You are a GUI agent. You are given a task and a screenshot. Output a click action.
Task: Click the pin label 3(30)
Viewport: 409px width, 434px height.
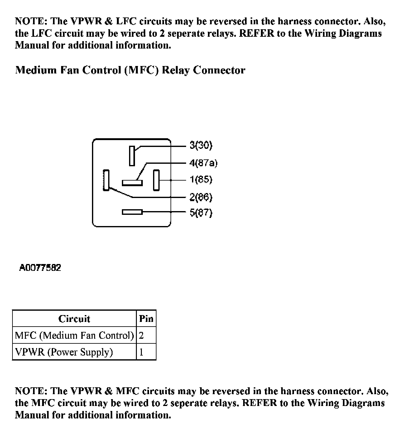pyautogui.click(x=201, y=145)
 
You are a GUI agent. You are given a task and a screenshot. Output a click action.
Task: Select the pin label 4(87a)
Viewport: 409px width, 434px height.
pyautogui.click(x=203, y=163)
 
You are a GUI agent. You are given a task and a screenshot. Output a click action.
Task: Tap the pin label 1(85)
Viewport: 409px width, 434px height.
pyautogui.click(x=201, y=180)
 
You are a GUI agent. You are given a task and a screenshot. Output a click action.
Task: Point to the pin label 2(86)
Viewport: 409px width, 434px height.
pyautogui.click(x=201, y=197)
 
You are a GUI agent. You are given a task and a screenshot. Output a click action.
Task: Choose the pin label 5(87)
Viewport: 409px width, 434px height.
pyautogui.click(x=201, y=213)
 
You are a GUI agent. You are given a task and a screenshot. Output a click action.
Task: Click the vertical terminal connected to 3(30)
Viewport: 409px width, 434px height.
pyautogui.click(x=132, y=156)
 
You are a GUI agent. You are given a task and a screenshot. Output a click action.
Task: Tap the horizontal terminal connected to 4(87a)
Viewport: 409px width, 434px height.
pyautogui.click(x=132, y=182)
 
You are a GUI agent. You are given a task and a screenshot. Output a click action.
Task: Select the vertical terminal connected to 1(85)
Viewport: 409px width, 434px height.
pyautogui.click(x=156, y=180)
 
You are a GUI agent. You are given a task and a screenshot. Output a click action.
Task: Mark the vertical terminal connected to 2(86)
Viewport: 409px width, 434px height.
pyautogui.click(x=106, y=180)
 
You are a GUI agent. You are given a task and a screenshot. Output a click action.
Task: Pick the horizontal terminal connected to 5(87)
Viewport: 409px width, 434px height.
pyautogui.click(x=132, y=212)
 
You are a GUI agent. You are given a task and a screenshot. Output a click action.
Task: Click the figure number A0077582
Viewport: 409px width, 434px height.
pyautogui.click(x=40, y=268)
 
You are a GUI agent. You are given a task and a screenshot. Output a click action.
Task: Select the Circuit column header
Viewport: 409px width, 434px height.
pyautogui.click(x=74, y=319)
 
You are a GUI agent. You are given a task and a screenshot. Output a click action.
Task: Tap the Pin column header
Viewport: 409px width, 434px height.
pyautogui.click(x=146, y=319)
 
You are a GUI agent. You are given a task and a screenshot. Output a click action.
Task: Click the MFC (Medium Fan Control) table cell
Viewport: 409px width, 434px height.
pyautogui.click(x=74, y=335)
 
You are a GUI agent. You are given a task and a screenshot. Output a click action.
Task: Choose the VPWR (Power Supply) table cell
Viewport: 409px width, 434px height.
pyautogui.click(x=64, y=352)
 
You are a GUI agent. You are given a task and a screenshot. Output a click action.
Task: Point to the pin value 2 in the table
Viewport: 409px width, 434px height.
pyautogui.click(x=141, y=335)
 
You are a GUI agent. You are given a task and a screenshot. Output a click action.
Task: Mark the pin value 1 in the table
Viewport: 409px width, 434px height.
pyautogui.click(x=141, y=352)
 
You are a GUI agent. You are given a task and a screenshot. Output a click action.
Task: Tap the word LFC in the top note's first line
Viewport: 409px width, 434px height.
pyautogui.click(x=126, y=21)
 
